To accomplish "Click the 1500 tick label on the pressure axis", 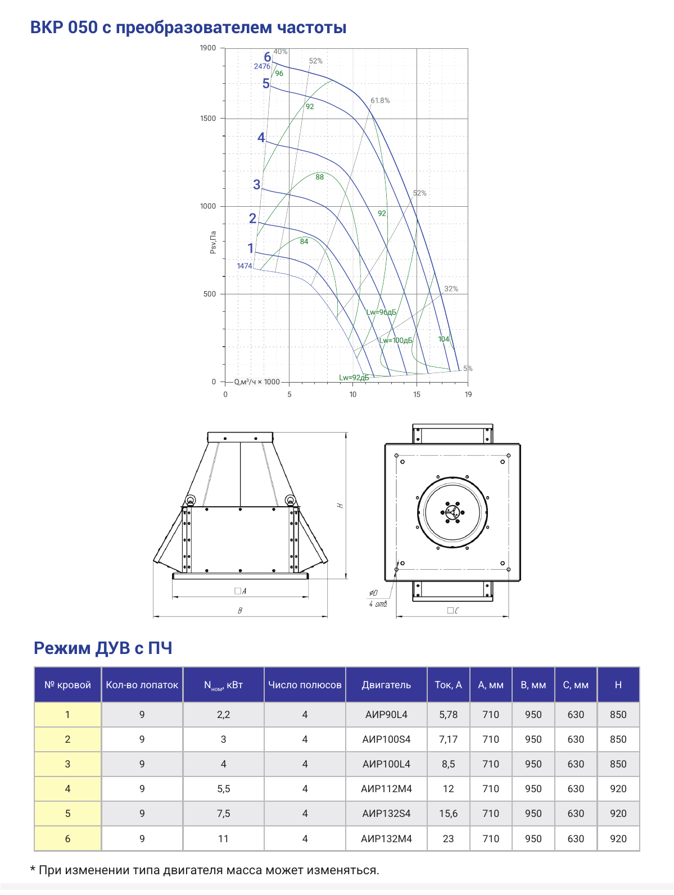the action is click(207, 118).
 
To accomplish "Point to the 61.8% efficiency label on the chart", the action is click(380, 101).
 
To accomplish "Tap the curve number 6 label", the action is click(267, 57).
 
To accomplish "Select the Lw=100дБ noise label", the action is click(396, 340).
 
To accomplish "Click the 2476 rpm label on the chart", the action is click(262, 66).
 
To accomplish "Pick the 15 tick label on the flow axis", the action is click(417, 394).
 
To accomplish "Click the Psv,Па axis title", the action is click(212, 242).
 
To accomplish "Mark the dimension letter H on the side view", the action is click(340, 506).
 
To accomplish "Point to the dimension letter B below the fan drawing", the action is click(240, 610).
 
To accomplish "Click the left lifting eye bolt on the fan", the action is click(190, 500).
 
